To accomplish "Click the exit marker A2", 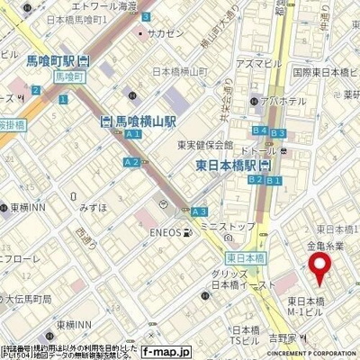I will tap(131, 162).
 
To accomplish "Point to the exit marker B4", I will tap(259, 130).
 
